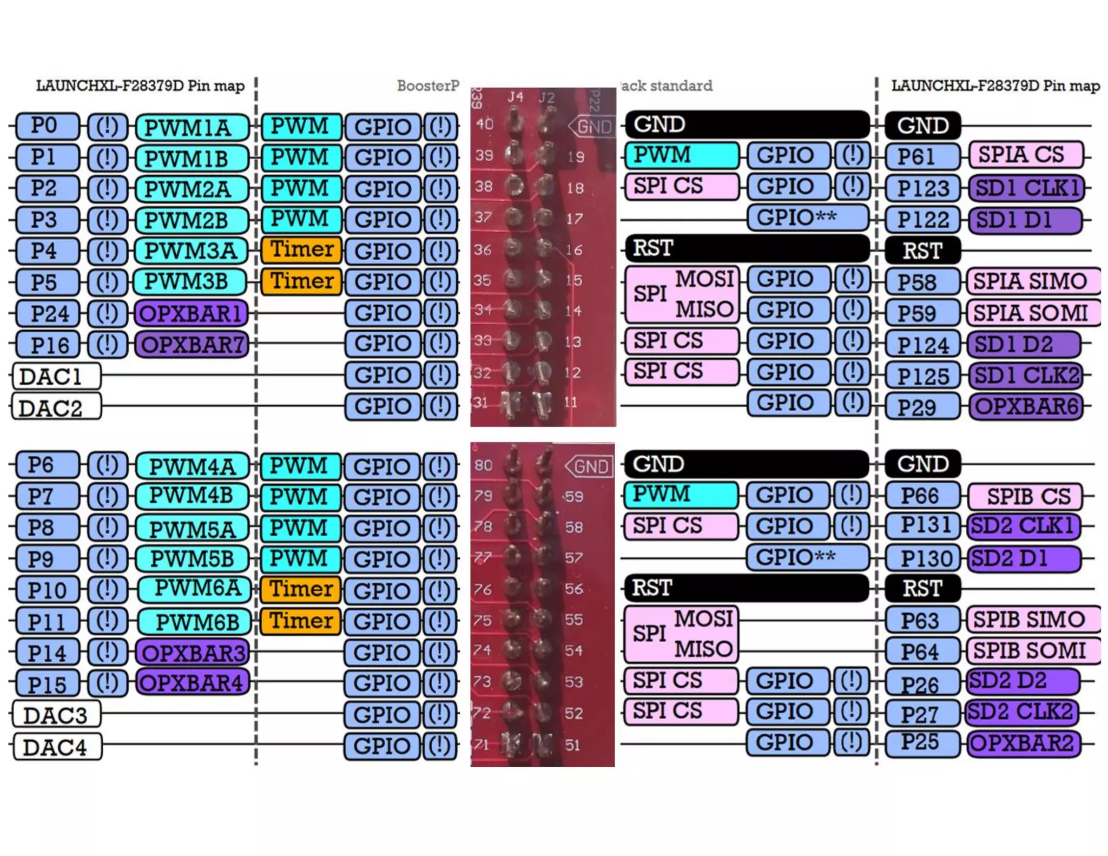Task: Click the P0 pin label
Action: pos(47,126)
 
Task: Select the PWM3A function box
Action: pos(191,251)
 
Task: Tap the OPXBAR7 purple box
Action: pos(191,344)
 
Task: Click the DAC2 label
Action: pos(56,407)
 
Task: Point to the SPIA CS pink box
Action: pos(1026,155)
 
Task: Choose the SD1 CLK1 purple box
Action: pos(1026,188)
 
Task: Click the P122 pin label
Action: pos(922,220)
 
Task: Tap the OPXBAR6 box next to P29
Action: pos(1026,406)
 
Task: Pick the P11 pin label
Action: pos(47,621)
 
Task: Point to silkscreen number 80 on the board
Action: pos(483,465)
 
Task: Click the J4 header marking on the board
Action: pos(515,97)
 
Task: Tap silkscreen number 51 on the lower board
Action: pos(572,745)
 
